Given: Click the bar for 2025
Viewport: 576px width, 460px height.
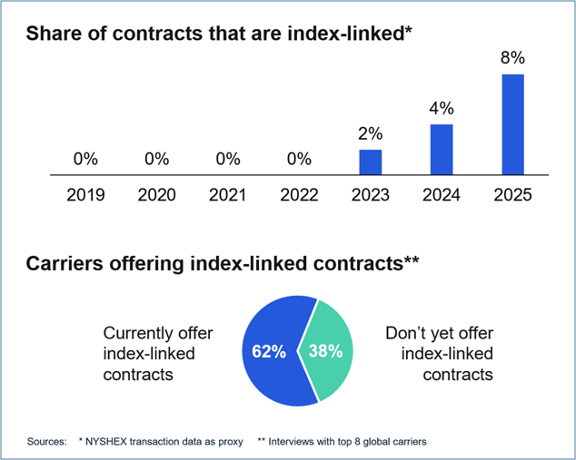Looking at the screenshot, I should coord(512,124).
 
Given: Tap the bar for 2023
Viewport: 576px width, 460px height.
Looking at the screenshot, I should coord(371,161).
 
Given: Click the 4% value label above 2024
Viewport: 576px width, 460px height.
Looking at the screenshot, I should coord(442,109).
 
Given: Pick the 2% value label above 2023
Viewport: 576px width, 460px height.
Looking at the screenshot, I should coord(371,134).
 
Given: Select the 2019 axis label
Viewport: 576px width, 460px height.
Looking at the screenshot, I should coord(85,194).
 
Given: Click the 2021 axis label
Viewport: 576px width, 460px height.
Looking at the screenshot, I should coord(228,194).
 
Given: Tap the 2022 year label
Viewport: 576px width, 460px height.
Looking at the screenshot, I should coord(299,194).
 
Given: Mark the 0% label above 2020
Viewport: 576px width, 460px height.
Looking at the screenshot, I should coord(157,159).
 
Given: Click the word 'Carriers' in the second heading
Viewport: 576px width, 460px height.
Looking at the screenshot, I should coord(67,264).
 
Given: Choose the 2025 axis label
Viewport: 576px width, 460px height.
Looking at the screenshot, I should coord(512,194).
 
